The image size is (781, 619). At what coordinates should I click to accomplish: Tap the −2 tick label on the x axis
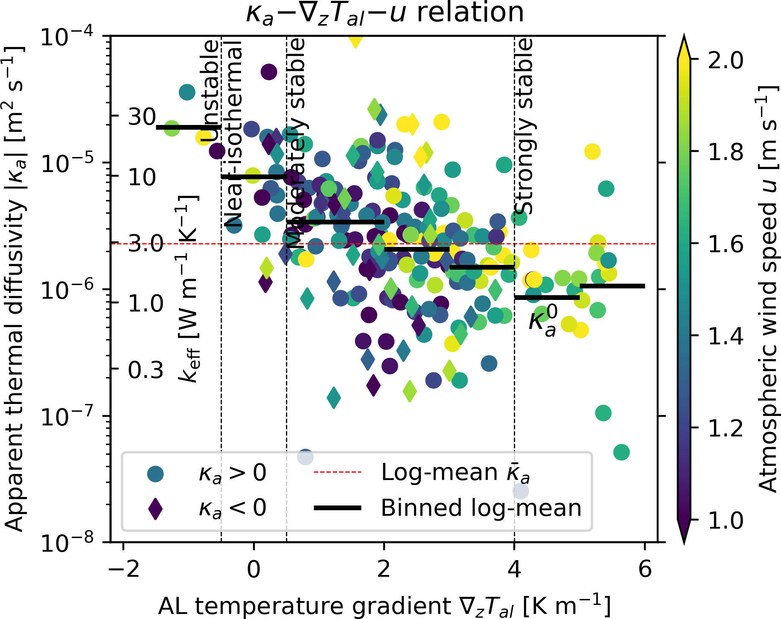[123, 569]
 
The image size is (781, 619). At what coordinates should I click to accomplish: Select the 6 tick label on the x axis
[645, 569]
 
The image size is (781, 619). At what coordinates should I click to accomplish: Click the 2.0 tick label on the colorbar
[725, 60]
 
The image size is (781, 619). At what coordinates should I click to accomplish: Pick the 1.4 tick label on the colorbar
[725, 336]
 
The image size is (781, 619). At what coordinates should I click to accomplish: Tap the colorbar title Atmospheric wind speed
[768, 290]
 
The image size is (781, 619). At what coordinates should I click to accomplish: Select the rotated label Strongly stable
[524, 126]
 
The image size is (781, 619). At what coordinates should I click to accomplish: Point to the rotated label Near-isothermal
[233, 134]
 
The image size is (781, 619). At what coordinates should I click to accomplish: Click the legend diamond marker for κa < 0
[155, 508]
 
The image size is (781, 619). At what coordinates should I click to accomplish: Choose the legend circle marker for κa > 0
[155, 474]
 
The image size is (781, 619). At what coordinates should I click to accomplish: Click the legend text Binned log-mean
[481, 508]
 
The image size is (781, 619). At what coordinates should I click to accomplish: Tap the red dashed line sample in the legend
[337, 472]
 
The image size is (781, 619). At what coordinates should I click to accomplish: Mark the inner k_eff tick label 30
[142, 116]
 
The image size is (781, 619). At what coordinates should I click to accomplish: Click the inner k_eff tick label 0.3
[146, 370]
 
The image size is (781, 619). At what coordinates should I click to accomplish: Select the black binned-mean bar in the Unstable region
[188, 127]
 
